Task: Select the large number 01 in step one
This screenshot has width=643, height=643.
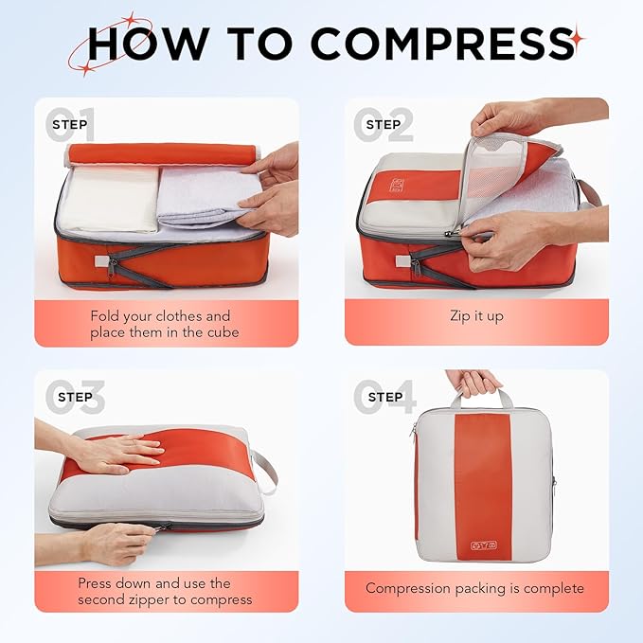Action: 72,124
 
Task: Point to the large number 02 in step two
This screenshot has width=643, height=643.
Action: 383,124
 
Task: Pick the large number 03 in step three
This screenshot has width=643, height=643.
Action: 72,397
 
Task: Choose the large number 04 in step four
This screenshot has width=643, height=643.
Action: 384,397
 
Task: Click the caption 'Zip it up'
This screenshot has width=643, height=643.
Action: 475,316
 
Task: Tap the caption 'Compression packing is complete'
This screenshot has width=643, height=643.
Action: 475,589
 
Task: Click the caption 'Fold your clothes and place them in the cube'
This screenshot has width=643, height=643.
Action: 161,324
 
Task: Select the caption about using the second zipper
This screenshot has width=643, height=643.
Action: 165,591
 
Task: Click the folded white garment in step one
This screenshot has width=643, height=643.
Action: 106,198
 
